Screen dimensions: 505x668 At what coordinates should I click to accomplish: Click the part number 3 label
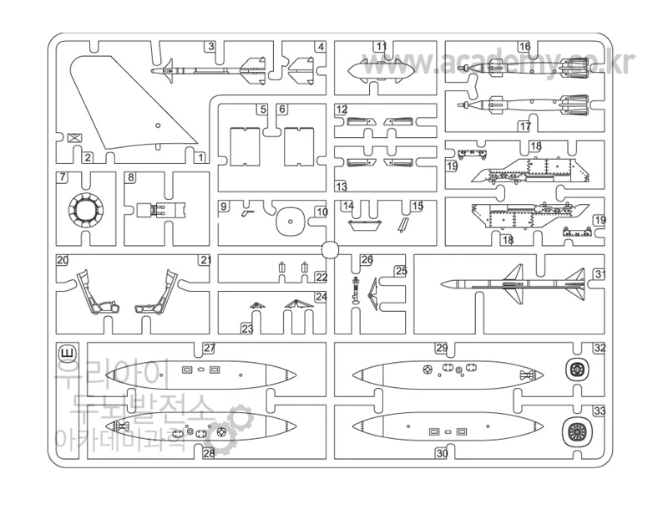pyautogui.click(x=211, y=47)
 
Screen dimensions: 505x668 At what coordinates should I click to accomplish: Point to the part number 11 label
pyautogui.click(x=381, y=47)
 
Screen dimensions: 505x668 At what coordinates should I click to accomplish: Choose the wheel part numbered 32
pyautogui.click(x=575, y=368)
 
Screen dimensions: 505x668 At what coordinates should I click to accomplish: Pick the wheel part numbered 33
pyautogui.click(x=575, y=431)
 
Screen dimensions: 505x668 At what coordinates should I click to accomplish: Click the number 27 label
pyautogui.click(x=209, y=348)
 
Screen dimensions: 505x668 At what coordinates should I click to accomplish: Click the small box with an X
pyautogui.click(x=74, y=139)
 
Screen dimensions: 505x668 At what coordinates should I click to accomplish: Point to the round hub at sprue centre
pyautogui.click(x=329, y=248)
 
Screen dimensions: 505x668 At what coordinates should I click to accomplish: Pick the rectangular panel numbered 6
pyautogui.click(x=298, y=146)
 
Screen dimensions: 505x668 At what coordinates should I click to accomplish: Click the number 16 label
pyautogui.click(x=524, y=47)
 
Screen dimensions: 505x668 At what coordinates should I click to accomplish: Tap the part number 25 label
pyautogui.click(x=401, y=271)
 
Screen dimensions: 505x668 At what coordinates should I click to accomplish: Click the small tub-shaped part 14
pyautogui.click(x=364, y=224)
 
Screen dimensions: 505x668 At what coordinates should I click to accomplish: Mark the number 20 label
pyautogui.click(x=63, y=260)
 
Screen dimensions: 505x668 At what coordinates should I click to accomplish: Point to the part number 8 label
pyautogui.click(x=131, y=178)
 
